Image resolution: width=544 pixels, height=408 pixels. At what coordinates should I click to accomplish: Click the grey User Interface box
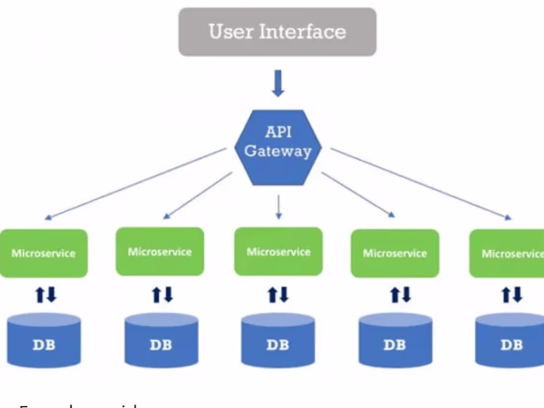pos(277,32)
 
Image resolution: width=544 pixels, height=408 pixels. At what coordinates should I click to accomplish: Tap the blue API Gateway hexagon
pos(278,147)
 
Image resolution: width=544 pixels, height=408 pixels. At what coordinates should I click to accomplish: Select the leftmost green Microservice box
pos(44,253)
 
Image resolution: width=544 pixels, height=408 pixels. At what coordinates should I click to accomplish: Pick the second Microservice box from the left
pos(160,251)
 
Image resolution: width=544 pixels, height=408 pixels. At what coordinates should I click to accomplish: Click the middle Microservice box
pos(278,251)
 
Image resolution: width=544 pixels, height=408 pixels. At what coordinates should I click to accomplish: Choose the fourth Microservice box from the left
pos(395,253)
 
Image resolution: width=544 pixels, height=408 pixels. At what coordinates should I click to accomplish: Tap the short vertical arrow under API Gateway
pos(278,206)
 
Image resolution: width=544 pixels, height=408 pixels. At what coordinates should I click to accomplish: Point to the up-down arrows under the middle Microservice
pos(278,295)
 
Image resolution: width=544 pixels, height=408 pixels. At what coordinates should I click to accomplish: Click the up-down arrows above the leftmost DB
pos(45,295)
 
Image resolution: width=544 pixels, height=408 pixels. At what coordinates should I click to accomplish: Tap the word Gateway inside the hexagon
pos(278,151)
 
